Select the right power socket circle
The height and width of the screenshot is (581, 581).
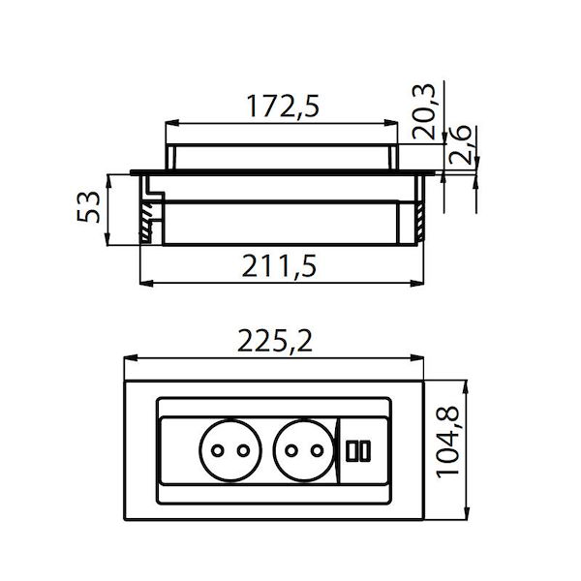point(300,450)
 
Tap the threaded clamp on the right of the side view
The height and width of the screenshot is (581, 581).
point(418,219)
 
